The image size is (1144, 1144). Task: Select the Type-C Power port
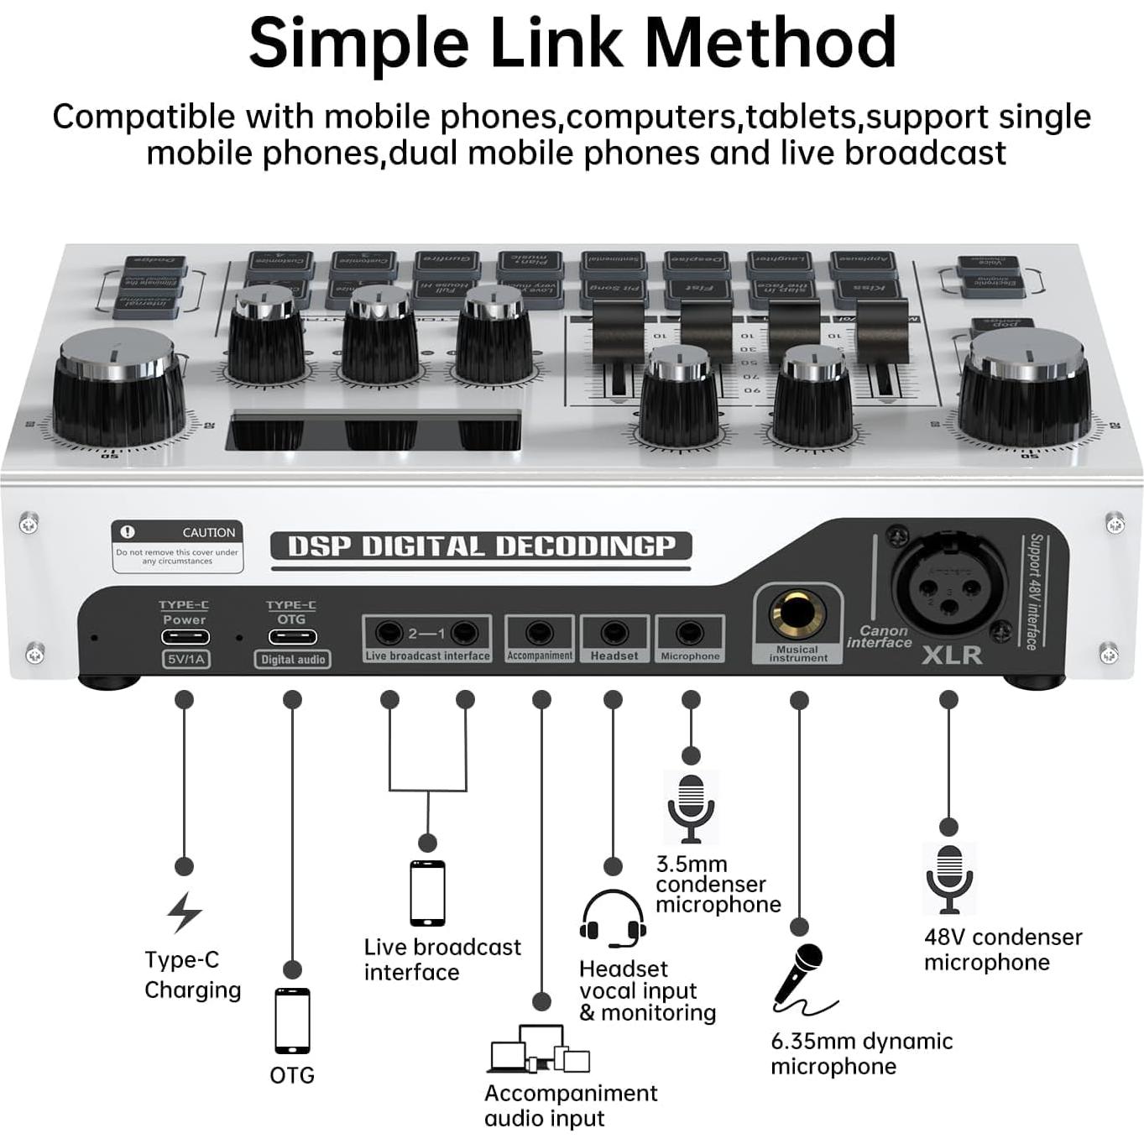click(185, 636)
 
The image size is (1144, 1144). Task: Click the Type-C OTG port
click(292, 636)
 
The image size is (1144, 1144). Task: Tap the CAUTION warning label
click(178, 546)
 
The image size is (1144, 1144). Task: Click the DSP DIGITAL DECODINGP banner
click(481, 546)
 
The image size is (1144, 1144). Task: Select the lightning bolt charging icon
click(185, 912)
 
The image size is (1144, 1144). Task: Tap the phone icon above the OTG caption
click(292, 1021)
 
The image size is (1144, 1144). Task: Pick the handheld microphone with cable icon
click(802, 979)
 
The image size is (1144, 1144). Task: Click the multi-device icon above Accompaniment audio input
click(540, 1049)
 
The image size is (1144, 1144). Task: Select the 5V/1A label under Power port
click(185, 660)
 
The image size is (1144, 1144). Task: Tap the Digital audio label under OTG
click(292, 660)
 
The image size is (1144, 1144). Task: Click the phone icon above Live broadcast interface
click(427, 893)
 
